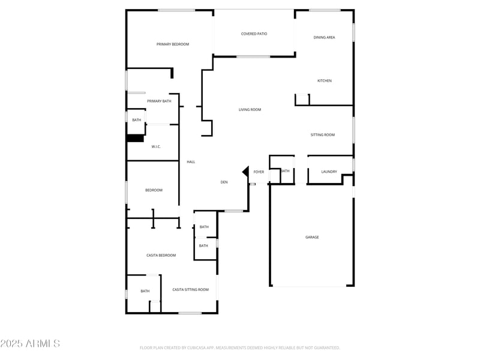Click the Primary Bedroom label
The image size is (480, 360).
173,44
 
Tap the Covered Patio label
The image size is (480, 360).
254,34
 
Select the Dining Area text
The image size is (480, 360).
324,38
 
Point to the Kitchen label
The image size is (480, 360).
324,81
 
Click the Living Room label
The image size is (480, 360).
250,110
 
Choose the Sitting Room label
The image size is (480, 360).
322,135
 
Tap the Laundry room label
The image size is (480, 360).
329,172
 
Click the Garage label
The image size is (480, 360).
312,238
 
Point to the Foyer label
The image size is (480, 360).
259,172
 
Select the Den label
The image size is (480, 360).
224,182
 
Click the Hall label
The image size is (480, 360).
191,162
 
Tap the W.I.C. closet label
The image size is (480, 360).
156,147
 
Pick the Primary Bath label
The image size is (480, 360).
159,101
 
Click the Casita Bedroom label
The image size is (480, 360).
161,256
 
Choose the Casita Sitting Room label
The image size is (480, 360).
190,290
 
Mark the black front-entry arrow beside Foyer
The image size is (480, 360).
245,172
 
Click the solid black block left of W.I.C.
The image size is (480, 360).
135,138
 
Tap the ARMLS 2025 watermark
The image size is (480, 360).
30,344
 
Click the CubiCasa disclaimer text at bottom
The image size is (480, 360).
240,347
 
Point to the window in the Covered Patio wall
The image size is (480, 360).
253,57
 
